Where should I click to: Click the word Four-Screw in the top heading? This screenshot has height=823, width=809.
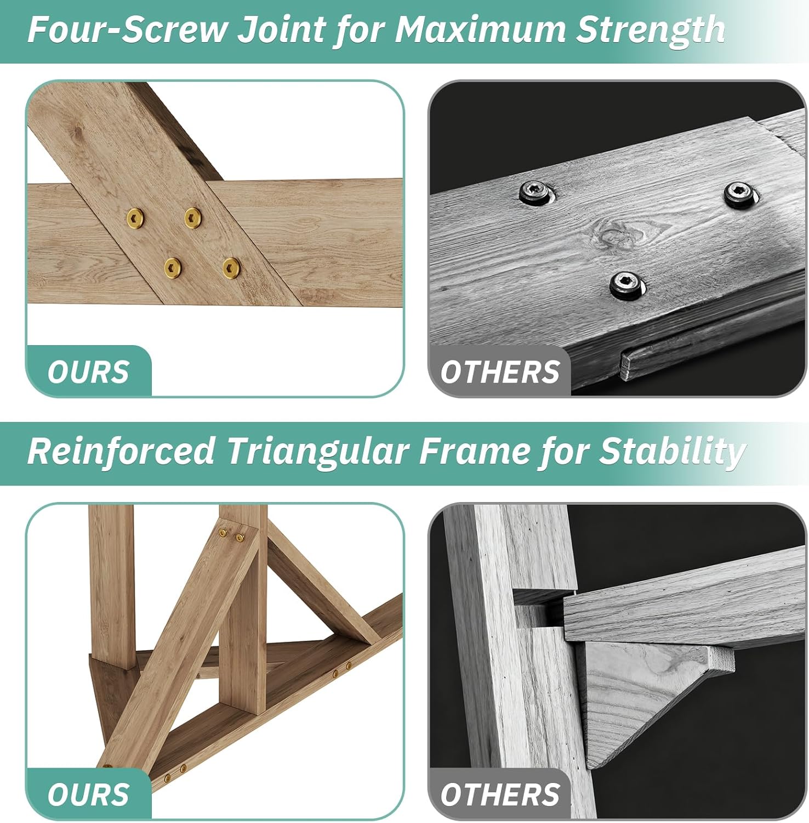127,30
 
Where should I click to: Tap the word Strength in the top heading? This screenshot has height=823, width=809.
651,31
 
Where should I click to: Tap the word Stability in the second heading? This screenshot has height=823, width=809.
672,452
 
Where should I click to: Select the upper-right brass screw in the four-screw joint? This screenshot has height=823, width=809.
192,217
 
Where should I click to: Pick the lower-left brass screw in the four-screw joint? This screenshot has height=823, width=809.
173,267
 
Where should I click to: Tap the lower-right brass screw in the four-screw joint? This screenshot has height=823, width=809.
232,267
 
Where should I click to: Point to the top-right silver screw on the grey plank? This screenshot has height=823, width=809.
742,194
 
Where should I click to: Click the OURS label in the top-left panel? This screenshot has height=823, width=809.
88,373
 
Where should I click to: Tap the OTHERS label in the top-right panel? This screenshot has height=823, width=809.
499,373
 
